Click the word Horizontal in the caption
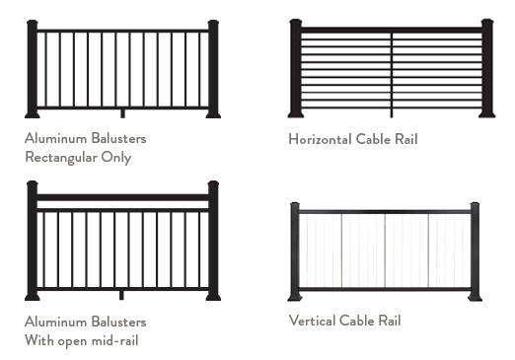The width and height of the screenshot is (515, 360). click(320, 139)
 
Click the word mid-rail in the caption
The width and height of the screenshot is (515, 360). click(117, 340)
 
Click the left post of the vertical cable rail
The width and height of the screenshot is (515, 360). click(294, 252)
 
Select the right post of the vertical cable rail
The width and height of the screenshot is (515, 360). click(475, 252)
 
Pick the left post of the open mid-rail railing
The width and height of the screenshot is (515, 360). click(32, 242)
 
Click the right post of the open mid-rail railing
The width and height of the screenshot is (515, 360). click(213, 242)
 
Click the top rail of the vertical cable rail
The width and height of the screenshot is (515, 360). click(385, 211)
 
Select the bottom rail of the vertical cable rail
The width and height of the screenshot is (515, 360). click(385, 289)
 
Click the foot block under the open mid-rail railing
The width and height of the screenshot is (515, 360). click(122, 293)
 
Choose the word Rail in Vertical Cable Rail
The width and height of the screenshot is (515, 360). click(388, 321)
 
